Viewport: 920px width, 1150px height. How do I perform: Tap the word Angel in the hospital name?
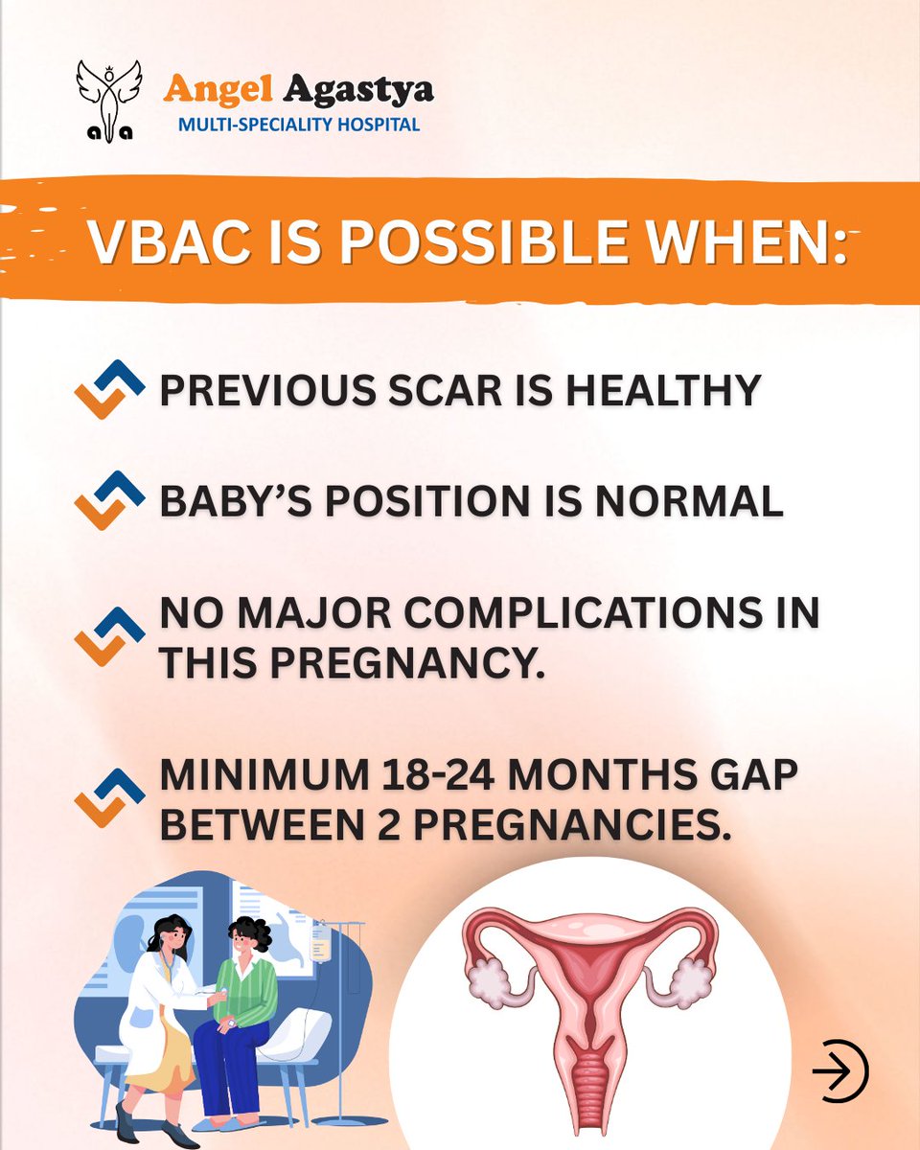click(x=210, y=89)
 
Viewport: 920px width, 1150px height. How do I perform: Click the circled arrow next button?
click(x=839, y=1070)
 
